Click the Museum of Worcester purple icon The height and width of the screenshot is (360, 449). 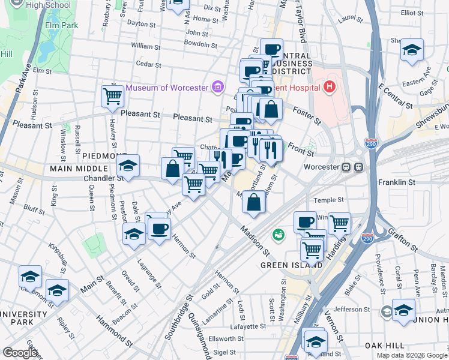[x=218, y=88]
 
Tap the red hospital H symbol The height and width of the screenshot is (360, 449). [x=328, y=88]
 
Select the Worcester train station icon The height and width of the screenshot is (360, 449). [x=352, y=167]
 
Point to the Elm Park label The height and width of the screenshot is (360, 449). [x=62, y=26]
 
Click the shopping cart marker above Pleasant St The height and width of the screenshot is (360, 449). [x=113, y=96]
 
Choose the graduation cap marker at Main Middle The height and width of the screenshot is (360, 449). [x=128, y=166]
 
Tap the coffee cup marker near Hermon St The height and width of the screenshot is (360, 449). [x=159, y=229]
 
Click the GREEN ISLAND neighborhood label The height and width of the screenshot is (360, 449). [x=283, y=264]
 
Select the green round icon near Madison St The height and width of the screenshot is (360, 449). [x=278, y=234]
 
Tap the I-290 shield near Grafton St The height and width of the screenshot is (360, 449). [x=369, y=239]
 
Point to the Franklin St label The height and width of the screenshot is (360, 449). [x=397, y=182]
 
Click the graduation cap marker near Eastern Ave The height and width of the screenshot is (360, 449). [x=412, y=50]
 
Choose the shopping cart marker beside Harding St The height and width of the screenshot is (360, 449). [x=339, y=224]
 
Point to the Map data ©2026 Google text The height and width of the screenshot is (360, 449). [x=412, y=355]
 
